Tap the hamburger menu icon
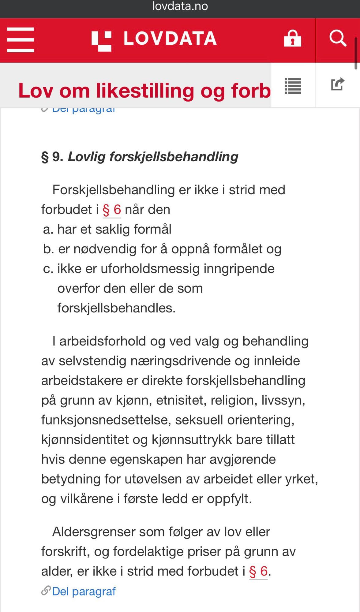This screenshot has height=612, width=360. [x=20, y=40]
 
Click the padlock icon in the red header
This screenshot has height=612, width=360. [x=292, y=39]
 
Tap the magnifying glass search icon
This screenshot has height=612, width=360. [x=338, y=39]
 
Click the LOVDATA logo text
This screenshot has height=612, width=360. [x=170, y=39]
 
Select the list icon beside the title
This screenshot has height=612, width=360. [x=293, y=86]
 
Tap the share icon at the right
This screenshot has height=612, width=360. [x=338, y=84]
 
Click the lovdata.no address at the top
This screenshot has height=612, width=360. [x=180, y=6]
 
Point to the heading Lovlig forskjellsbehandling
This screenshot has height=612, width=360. [x=153, y=157]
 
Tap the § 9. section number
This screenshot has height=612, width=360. [x=52, y=157]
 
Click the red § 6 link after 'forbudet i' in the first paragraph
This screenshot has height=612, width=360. [x=112, y=210]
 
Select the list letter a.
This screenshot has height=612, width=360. [x=48, y=229]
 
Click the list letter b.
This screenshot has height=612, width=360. [x=48, y=249]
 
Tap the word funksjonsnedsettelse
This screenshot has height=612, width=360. [x=106, y=420]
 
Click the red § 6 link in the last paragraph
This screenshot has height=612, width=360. [x=258, y=571]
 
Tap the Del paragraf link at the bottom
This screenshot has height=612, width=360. [x=84, y=591]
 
